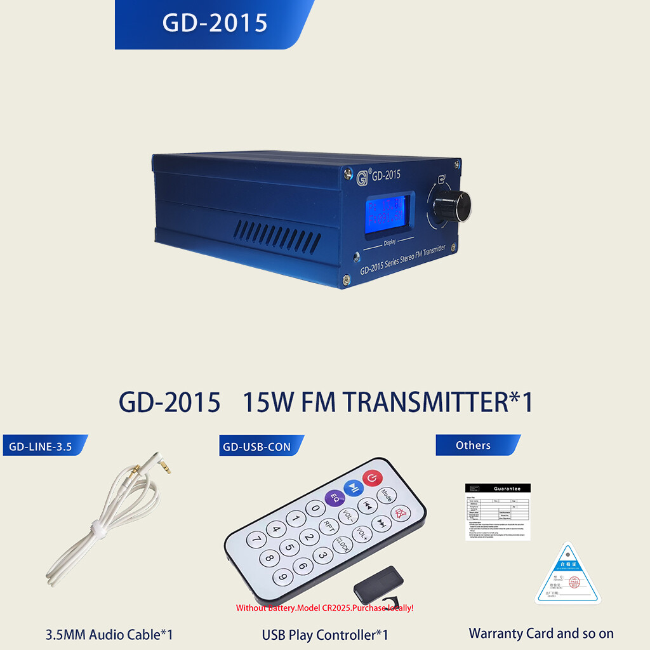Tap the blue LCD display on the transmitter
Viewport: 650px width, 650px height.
387,213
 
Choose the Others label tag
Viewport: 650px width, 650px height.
474,445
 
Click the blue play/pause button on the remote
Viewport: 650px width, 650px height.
353,487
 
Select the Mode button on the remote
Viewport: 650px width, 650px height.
385,494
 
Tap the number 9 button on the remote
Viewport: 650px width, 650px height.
282,577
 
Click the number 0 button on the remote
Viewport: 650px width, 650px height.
315,508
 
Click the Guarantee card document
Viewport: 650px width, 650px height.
498,512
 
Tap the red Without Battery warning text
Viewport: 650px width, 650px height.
324,607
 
